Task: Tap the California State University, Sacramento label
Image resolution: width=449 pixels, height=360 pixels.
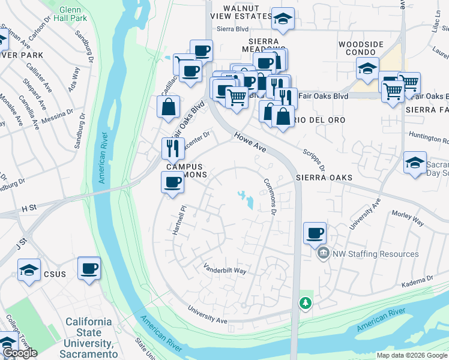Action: pos(89,333)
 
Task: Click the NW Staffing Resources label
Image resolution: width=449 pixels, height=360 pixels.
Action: pos(375,254)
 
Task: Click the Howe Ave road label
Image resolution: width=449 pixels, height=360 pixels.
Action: pos(250,145)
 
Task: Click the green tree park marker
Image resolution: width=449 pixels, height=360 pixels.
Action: pos(306,303)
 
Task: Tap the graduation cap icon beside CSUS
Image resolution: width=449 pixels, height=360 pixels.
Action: pos(28,270)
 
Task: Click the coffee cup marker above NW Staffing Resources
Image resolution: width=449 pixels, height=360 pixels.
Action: pos(314,233)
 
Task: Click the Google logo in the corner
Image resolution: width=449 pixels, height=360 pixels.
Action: pos(19,353)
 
